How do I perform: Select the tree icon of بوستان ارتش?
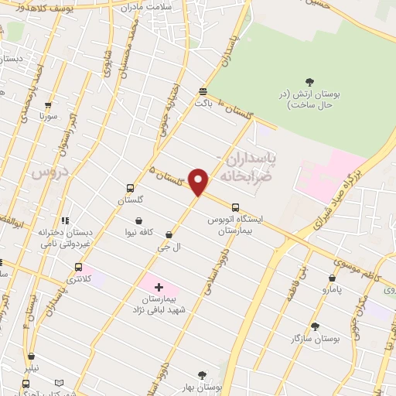(310, 82)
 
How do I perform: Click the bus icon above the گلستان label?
(129, 188)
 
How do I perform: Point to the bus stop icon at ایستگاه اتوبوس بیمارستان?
(233, 207)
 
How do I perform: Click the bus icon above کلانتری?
(77, 267)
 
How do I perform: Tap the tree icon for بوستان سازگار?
(314, 326)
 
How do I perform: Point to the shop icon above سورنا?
(48, 104)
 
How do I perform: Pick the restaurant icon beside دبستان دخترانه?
(67, 220)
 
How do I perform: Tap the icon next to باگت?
(203, 90)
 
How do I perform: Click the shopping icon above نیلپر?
(31, 357)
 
